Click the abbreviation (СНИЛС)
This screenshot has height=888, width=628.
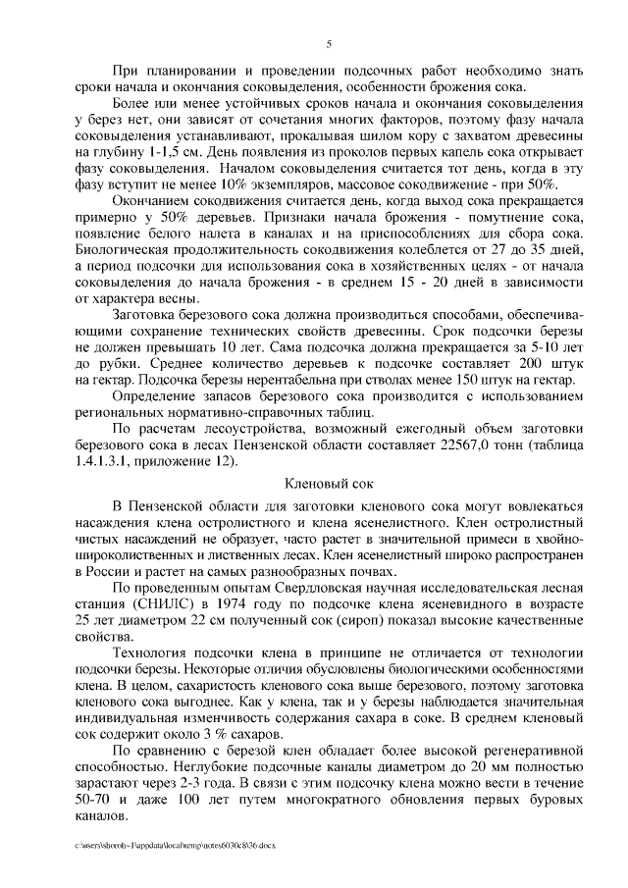click(159, 606)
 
